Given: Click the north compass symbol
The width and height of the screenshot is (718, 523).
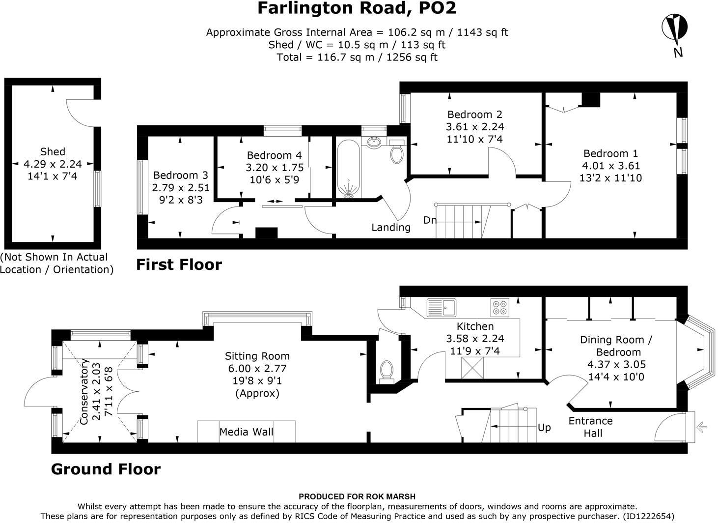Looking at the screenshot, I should point(674,28).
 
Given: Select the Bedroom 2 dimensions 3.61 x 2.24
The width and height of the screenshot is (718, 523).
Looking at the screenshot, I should point(474,127).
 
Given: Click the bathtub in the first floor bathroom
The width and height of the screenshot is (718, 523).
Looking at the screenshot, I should point(348,169).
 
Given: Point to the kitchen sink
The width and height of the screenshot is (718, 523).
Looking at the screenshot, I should point(442,307).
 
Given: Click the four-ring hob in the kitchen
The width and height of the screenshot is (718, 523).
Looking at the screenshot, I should point(499,307).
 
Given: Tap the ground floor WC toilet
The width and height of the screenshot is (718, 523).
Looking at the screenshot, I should point(387,371).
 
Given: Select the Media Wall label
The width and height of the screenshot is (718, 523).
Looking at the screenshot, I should point(246,432).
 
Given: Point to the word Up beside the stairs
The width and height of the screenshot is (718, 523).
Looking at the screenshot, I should point(544,428).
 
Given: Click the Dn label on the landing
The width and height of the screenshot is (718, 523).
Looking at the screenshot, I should point(430,220).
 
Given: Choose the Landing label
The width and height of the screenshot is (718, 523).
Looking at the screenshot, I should point(390,227).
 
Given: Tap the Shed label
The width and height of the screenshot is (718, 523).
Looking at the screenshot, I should point(53,152).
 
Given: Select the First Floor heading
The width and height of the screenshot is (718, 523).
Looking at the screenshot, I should point(179,264).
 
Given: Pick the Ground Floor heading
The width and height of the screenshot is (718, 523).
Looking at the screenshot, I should point(106,469).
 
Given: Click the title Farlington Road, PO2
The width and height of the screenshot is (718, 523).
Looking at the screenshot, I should point(357,8).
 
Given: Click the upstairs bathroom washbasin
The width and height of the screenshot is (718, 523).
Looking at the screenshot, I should point(374,142).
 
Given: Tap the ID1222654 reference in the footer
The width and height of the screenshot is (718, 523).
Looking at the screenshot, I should point(648,516).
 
